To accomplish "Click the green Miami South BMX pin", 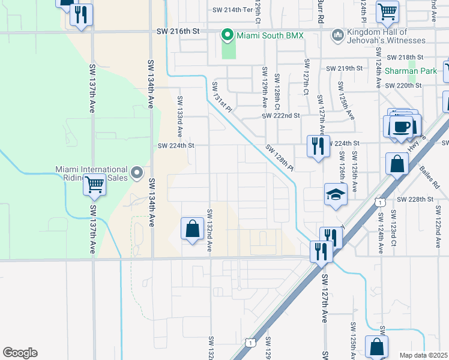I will tap(227, 35).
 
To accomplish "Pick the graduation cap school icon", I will tap(336, 194).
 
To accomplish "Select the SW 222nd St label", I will tap(280, 115).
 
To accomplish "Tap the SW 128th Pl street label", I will tap(280, 157).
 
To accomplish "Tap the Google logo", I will tap(20, 353).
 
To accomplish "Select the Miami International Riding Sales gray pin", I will tap(137, 173).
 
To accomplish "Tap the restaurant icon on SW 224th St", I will tap(318, 146).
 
